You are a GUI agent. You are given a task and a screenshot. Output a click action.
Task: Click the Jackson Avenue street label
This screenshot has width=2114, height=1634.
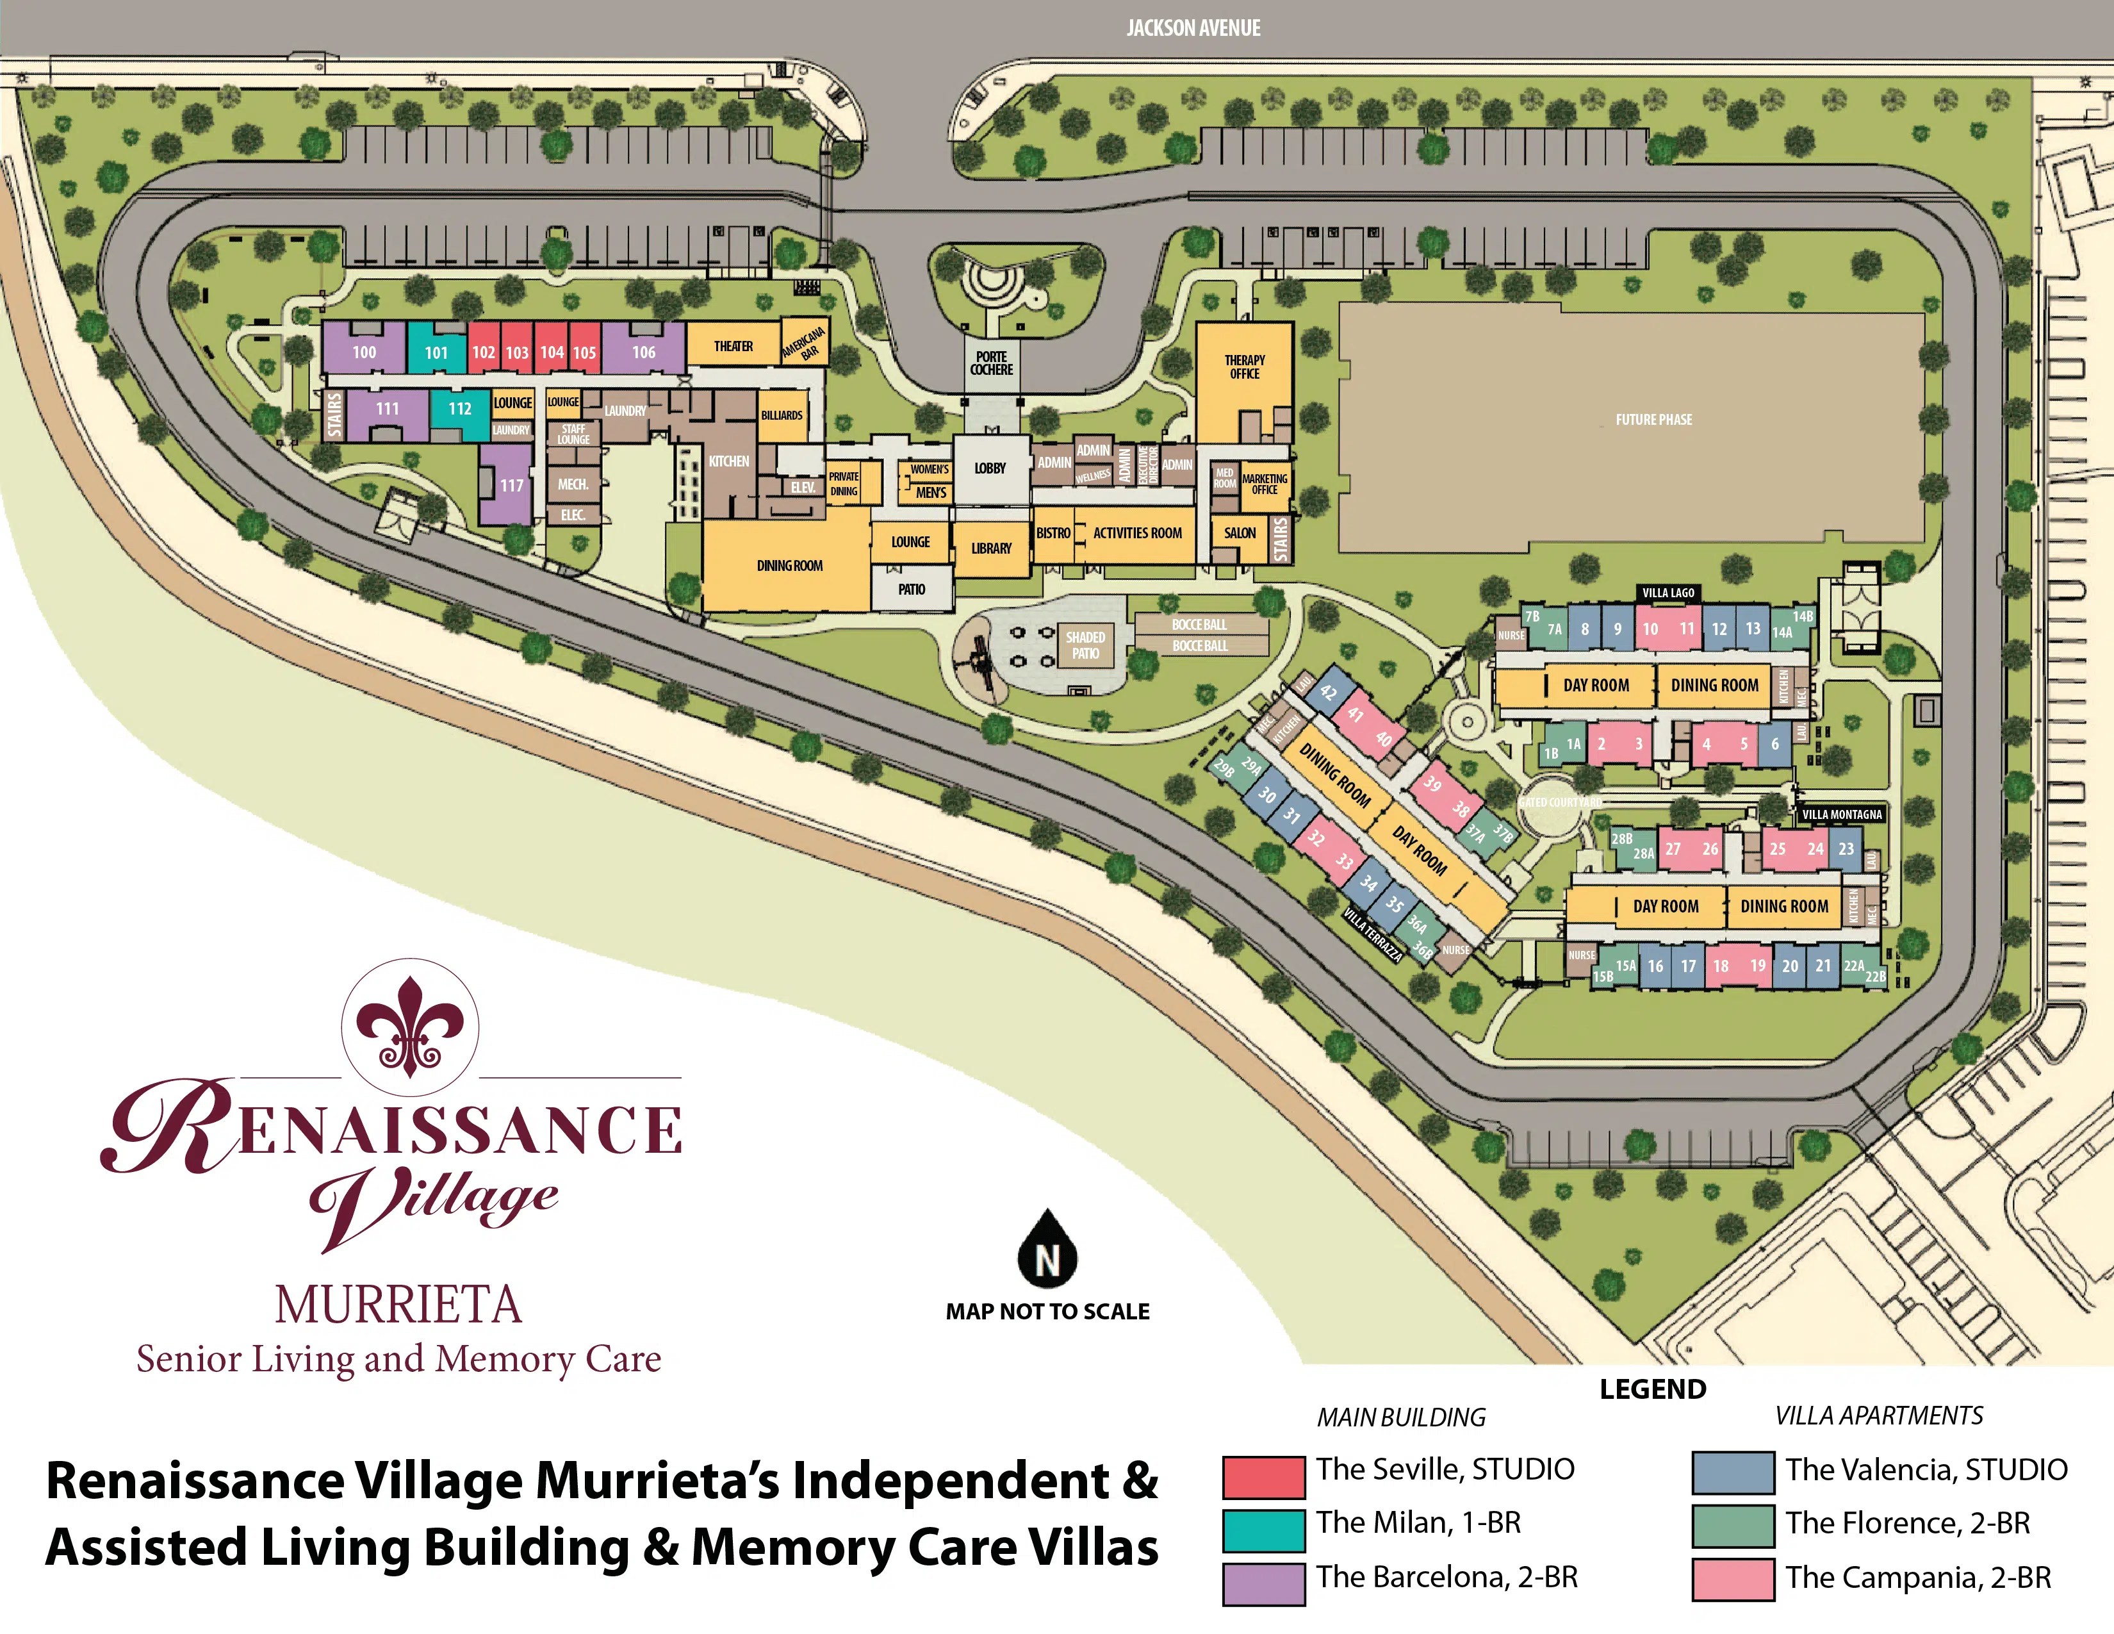click(x=1193, y=28)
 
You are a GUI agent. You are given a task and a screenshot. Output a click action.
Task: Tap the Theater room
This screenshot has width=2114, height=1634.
click(x=733, y=345)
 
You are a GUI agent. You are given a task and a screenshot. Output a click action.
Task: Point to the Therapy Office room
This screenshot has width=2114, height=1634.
click(x=1244, y=367)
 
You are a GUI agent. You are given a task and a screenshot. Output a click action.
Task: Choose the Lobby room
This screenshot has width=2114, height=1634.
click(x=990, y=468)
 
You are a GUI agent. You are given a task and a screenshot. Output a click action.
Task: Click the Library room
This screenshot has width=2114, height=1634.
click(x=991, y=548)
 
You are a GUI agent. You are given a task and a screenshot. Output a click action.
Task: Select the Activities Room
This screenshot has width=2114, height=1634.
click(x=1137, y=533)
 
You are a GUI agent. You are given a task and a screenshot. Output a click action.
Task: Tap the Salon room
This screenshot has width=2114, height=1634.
click(x=1239, y=533)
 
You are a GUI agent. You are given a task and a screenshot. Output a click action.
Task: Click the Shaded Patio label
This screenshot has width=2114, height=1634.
click(x=1085, y=645)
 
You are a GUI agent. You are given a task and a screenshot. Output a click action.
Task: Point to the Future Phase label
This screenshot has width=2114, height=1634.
click(x=1653, y=419)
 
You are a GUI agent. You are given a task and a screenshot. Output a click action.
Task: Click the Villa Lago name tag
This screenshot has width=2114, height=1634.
click(x=1667, y=593)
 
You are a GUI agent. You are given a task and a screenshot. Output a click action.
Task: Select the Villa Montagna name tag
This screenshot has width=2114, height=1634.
click(x=1841, y=814)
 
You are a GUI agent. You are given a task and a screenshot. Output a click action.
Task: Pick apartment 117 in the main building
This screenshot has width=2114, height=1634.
click(x=511, y=485)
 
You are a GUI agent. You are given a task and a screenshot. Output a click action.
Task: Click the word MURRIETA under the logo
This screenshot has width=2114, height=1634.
click(x=398, y=1305)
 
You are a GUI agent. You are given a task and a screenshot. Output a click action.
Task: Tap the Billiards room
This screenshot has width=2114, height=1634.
click(x=781, y=415)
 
